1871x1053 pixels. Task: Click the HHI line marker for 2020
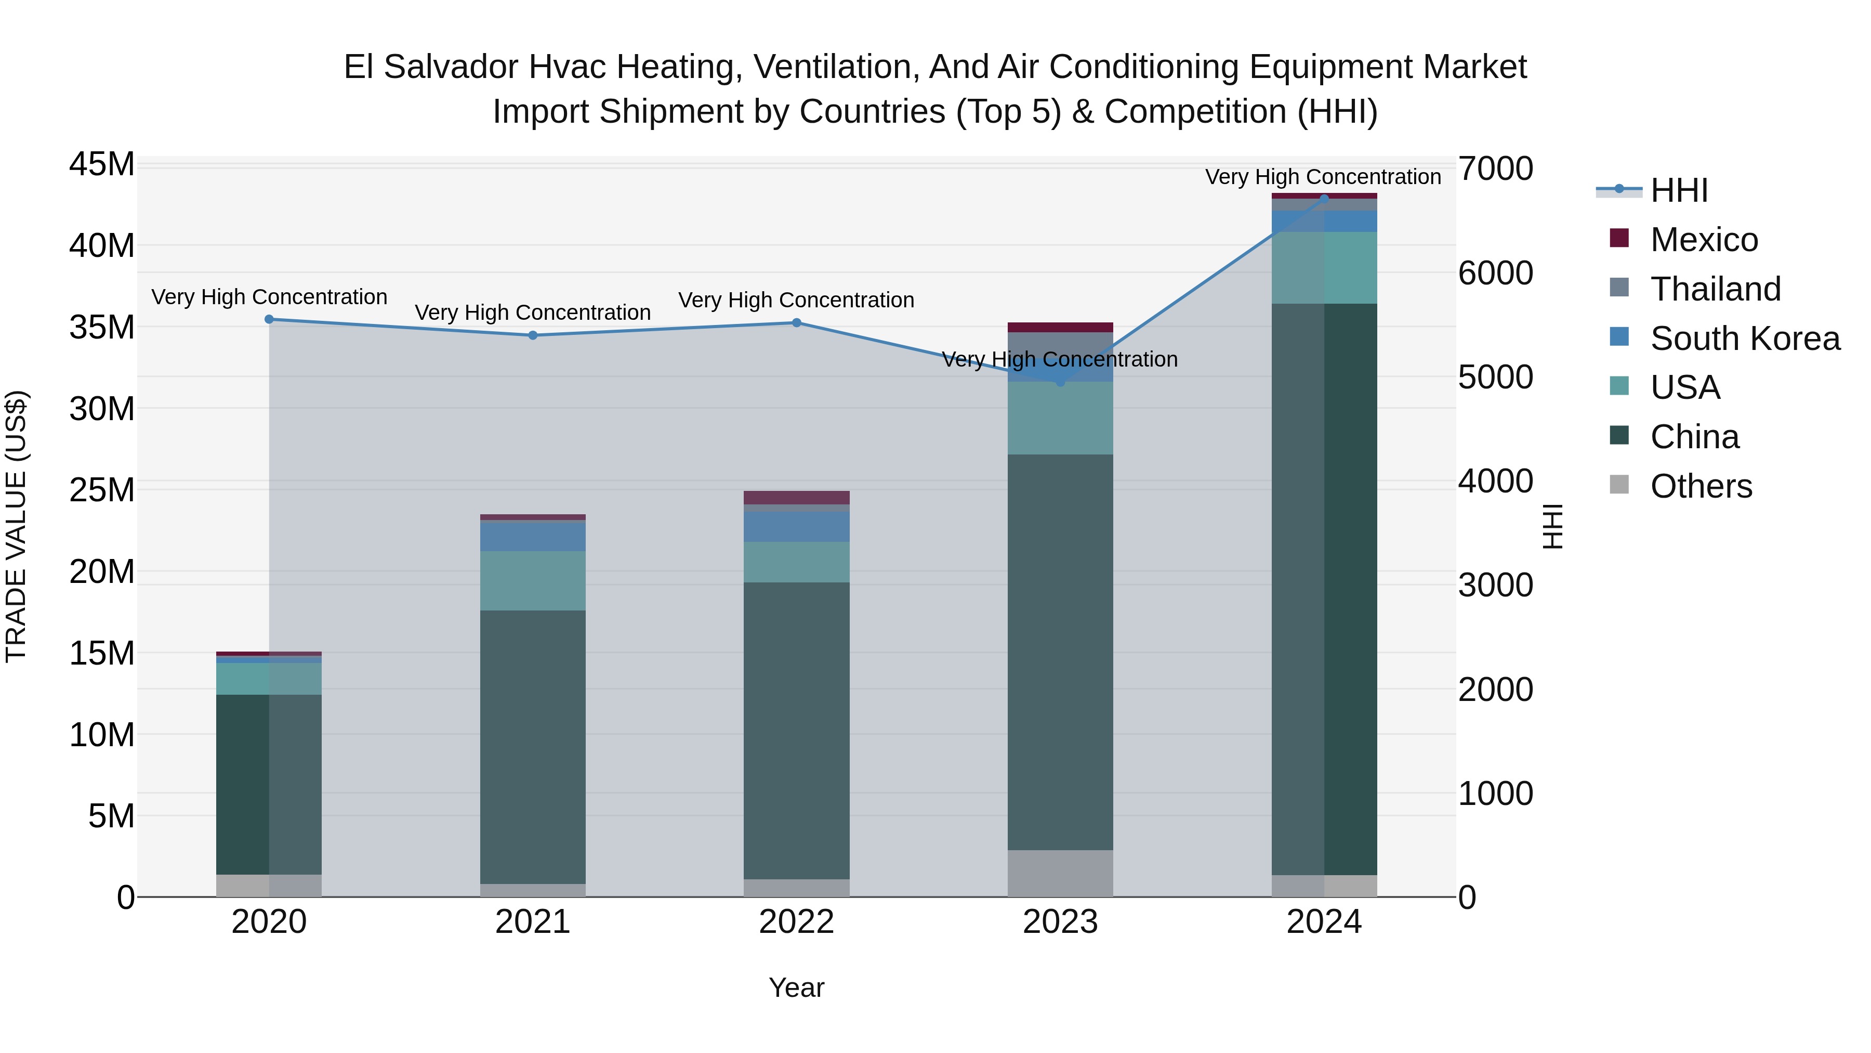point(269,319)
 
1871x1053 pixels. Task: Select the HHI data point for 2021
point(532,335)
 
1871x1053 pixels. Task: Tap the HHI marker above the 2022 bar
point(796,322)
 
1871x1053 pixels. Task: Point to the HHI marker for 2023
point(1060,382)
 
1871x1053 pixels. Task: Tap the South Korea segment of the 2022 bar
point(796,526)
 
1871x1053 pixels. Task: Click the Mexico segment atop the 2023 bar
point(1060,327)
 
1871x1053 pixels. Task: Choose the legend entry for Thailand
point(1715,289)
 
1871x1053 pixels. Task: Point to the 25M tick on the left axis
point(102,490)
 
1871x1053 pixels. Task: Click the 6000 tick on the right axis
point(1495,273)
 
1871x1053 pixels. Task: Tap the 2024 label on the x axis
point(1323,922)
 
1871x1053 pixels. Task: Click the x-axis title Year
point(796,987)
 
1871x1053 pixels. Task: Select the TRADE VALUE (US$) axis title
point(16,526)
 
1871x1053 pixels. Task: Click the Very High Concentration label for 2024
point(1323,177)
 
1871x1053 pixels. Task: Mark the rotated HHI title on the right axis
point(1552,526)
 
